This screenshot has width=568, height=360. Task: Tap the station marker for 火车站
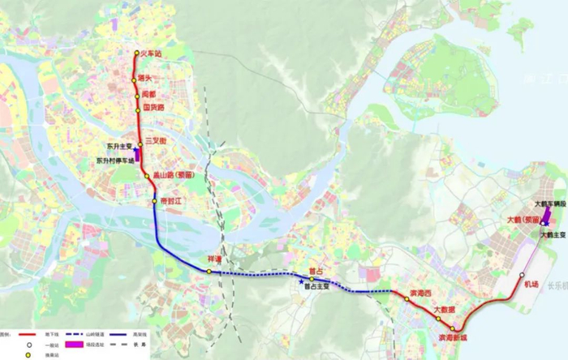point(137,54)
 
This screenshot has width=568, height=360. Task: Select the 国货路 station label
point(153,106)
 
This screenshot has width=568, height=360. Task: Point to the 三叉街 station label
point(155,141)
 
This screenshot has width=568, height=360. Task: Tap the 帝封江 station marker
point(153,200)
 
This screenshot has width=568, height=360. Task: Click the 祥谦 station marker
point(209,272)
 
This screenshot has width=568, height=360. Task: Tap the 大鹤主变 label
point(553,235)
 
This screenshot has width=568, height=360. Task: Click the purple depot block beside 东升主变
point(136,152)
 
